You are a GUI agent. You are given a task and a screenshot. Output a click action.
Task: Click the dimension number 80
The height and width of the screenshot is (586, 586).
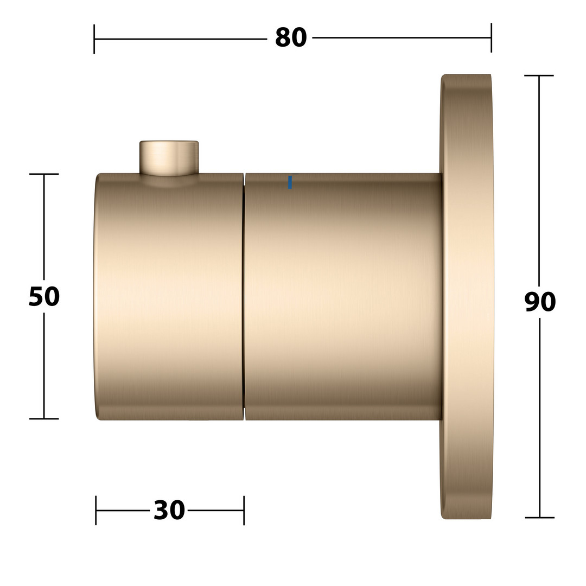[291, 37]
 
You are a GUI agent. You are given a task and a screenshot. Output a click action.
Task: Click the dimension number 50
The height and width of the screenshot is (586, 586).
[44, 296]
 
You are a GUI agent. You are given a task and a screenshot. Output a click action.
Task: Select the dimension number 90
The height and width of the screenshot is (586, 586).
[540, 302]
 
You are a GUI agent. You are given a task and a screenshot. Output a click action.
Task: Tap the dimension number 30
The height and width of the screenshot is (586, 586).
[169, 510]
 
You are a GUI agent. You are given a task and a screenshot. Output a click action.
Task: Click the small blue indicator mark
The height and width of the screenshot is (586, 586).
[290, 182]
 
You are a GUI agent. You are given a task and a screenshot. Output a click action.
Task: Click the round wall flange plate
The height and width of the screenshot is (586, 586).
[467, 296]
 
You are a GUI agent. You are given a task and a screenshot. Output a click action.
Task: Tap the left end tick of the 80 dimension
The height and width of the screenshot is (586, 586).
[94, 39]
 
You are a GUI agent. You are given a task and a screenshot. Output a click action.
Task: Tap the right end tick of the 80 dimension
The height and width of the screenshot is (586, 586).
[491, 38]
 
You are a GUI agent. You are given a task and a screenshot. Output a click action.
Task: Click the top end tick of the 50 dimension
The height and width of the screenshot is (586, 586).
[44, 174]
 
